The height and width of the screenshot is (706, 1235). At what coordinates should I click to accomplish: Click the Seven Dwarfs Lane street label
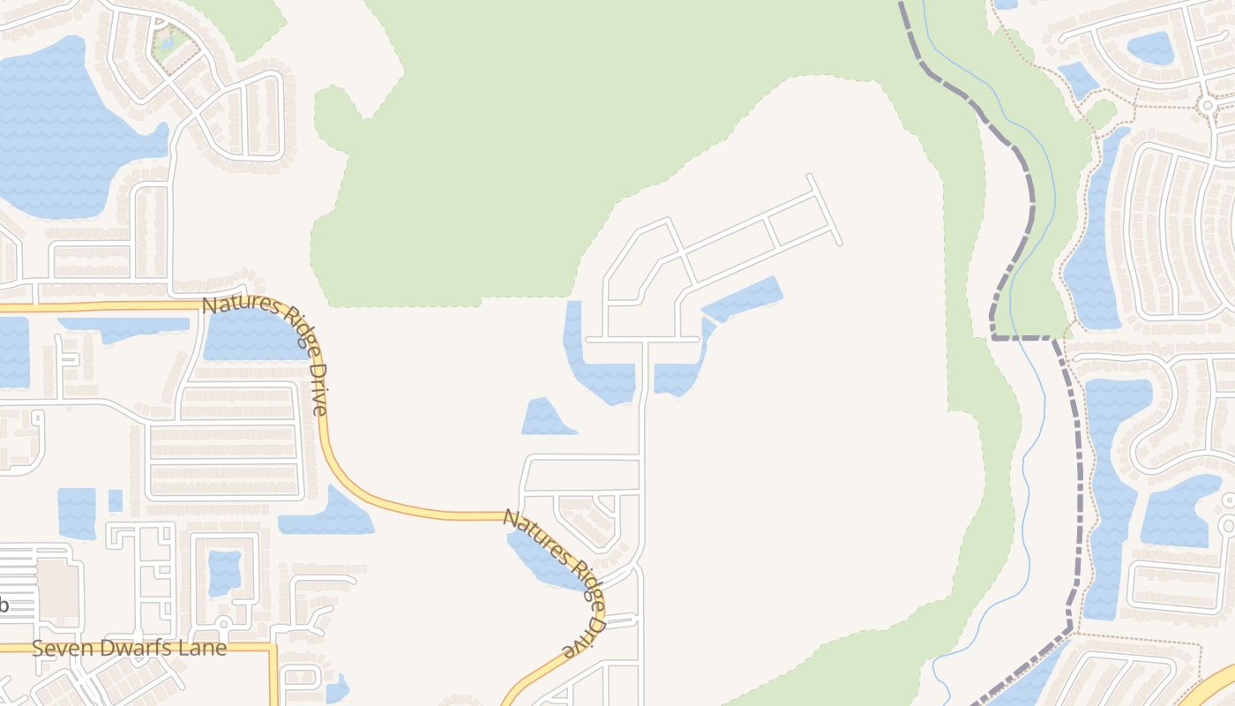point(129,648)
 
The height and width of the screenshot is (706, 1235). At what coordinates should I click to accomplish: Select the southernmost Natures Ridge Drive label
point(555,582)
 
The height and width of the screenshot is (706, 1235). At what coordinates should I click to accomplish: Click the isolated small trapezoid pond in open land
point(544,418)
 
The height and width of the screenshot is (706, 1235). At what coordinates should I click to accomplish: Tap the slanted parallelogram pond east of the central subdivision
point(744,298)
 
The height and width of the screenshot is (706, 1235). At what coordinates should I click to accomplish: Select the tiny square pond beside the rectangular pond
point(116,500)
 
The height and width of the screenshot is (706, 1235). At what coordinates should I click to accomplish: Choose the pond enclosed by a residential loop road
point(224,572)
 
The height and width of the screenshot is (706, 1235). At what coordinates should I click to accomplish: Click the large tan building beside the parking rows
point(58,582)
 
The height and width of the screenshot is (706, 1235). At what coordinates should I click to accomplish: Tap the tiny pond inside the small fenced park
point(167,41)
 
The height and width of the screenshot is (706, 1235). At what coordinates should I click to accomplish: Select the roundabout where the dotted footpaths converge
point(1207,105)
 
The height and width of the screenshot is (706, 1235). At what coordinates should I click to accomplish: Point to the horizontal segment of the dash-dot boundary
point(1022,337)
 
